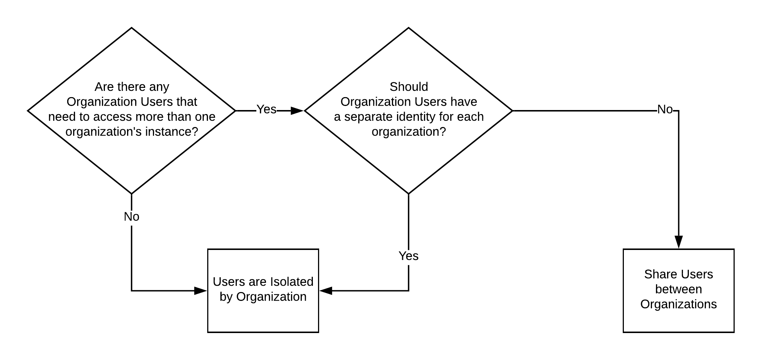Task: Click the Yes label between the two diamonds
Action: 266,109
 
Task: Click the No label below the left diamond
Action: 131,217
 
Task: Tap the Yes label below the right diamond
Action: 409,256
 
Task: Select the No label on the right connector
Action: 665,110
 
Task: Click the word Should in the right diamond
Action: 409,87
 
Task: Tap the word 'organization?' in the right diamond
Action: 409,132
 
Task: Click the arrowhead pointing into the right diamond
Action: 297,110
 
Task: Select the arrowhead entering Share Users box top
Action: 679,242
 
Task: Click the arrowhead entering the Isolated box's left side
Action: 201,291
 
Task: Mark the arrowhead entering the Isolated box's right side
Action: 326,291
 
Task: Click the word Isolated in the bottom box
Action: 292,282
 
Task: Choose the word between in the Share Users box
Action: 678,289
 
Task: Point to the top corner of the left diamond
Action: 132,28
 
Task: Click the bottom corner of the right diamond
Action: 409,193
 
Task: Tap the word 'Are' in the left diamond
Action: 103,87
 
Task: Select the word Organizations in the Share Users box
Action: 678,304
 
